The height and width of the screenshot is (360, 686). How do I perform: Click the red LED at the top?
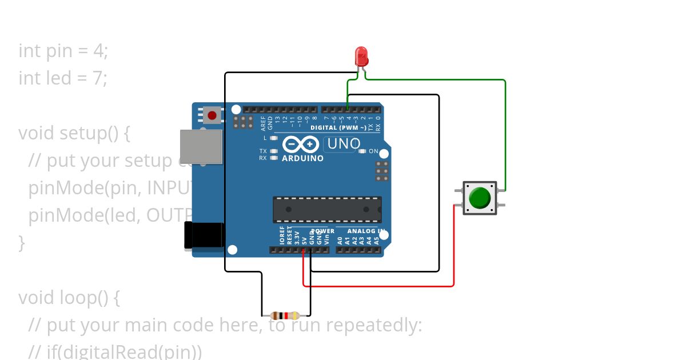click(x=361, y=57)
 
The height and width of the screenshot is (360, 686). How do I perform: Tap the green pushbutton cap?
click(x=479, y=198)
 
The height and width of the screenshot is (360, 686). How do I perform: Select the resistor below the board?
click(x=285, y=315)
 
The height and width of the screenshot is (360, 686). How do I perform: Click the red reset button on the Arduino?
click(x=212, y=115)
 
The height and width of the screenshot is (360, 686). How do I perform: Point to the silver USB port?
click(x=201, y=146)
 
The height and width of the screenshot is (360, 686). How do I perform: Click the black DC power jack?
click(x=204, y=235)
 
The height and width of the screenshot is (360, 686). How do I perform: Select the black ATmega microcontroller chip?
click(x=327, y=210)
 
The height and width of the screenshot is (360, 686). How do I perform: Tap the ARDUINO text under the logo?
click(x=303, y=158)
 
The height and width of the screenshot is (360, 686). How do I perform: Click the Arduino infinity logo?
click(x=296, y=145)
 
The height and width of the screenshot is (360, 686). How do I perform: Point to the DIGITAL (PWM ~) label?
click(x=339, y=127)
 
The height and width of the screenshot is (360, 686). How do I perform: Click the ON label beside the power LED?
click(x=373, y=151)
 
